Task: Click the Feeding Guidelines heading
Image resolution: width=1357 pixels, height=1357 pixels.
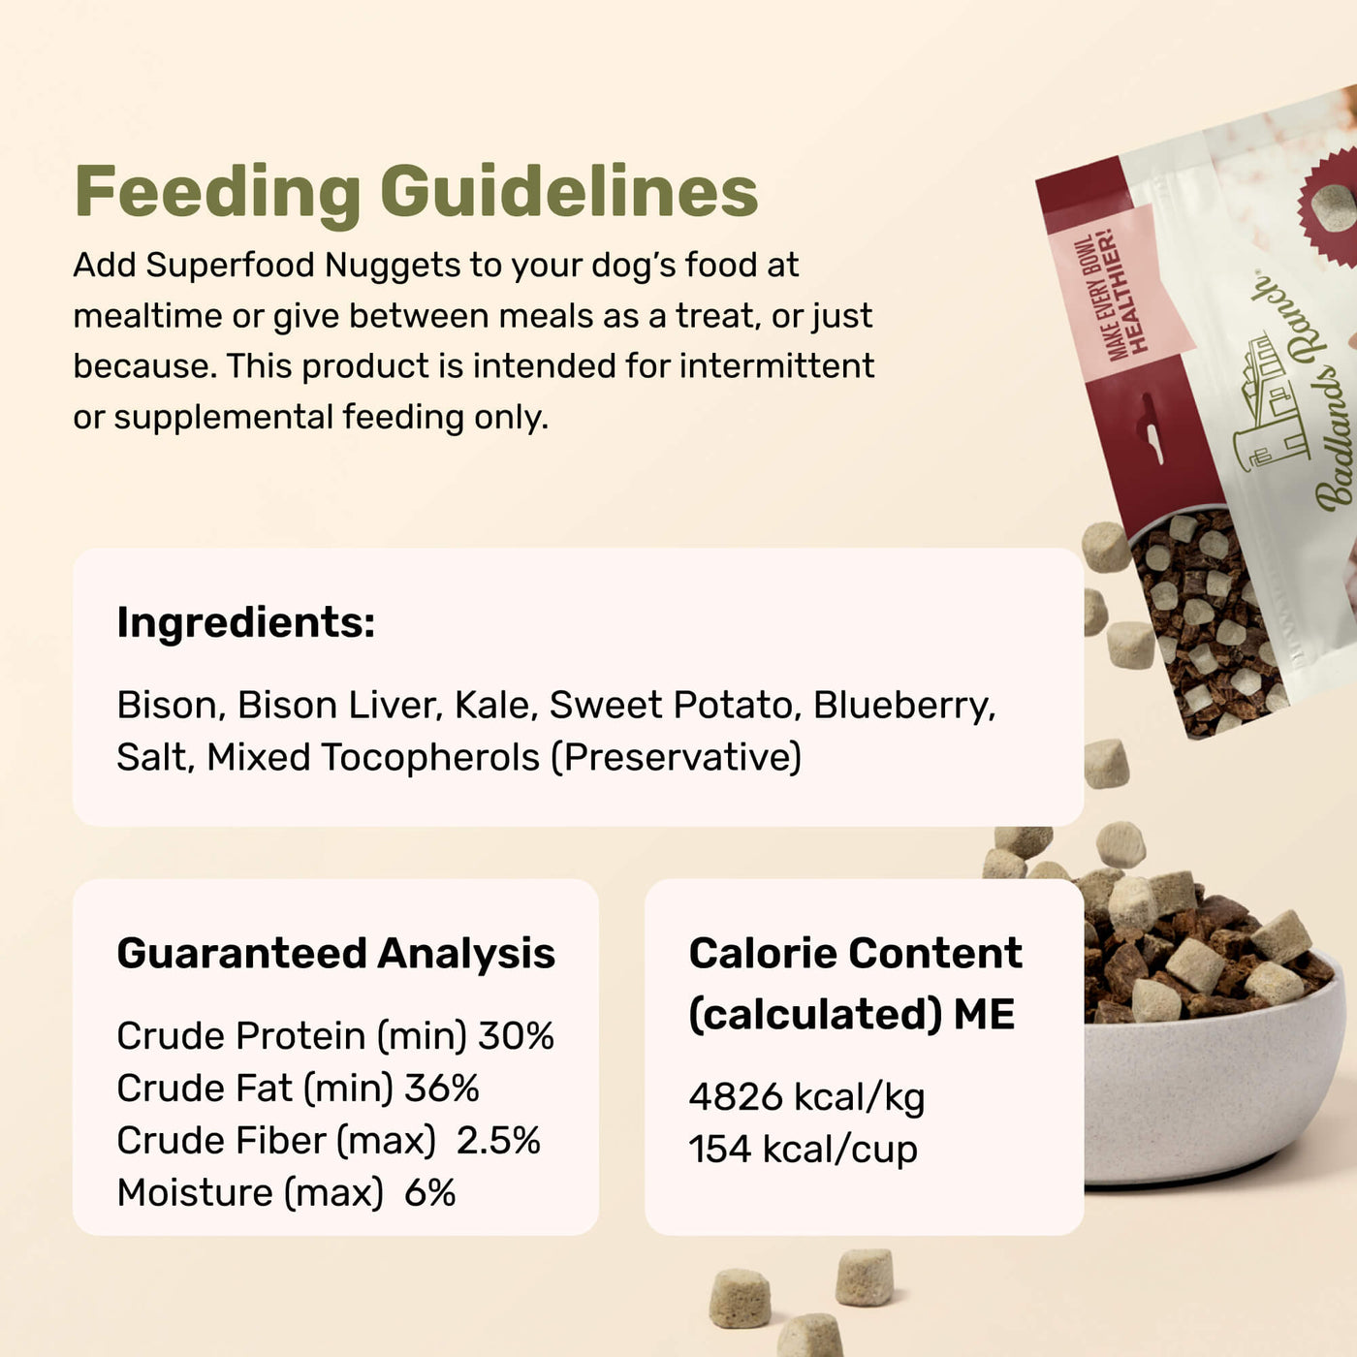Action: tap(416, 191)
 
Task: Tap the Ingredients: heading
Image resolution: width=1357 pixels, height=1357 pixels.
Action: tap(245, 622)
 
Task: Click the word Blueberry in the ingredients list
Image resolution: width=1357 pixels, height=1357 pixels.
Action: tap(903, 705)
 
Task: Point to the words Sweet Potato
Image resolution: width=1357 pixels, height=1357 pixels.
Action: tap(671, 705)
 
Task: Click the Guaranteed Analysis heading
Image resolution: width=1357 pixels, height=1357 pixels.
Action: tap(335, 953)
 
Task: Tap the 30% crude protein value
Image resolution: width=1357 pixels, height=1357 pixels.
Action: tap(516, 1036)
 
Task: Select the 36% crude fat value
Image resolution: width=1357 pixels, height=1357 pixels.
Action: tap(441, 1089)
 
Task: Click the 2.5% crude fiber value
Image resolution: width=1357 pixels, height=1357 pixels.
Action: tap(498, 1141)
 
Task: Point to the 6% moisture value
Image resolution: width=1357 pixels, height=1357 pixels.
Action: tap(429, 1193)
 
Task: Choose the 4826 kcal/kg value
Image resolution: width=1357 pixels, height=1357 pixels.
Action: tap(806, 1097)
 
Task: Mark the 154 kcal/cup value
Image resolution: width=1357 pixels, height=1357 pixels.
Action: tap(803, 1150)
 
